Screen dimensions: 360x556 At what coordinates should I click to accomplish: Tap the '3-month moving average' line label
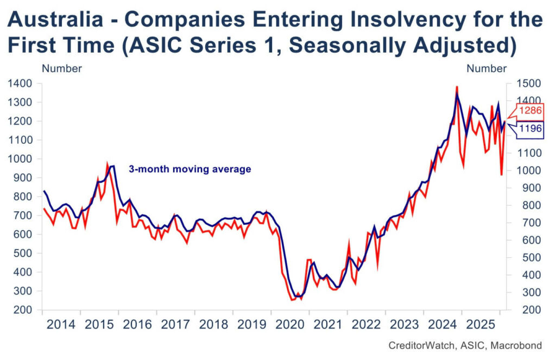(189, 169)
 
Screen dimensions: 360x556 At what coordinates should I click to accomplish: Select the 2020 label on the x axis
(290, 325)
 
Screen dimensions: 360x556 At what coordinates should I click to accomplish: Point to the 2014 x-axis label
(61, 325)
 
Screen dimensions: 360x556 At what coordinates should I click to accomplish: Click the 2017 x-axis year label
(176, 325)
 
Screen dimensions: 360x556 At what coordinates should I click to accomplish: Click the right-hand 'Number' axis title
(486, 69)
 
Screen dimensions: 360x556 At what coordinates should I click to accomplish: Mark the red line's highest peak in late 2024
(457, 87)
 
